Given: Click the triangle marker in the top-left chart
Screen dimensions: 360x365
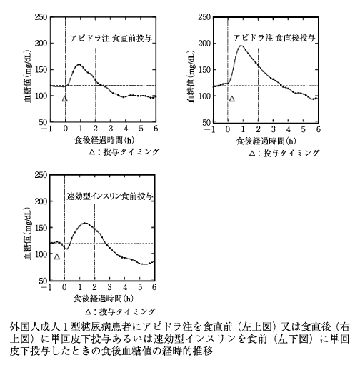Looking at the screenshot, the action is coord(65,99).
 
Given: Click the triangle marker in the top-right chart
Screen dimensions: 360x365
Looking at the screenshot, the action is coord(231,99).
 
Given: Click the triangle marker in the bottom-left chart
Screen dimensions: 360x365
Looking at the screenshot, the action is coord(56,256).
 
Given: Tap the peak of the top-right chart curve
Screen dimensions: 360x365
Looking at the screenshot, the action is coord(241,46).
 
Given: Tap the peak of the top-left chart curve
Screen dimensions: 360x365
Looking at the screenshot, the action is coord(79,64).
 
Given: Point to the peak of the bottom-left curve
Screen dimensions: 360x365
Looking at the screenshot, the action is coord(85,223).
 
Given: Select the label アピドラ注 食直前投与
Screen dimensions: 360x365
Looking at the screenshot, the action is coord(111,39).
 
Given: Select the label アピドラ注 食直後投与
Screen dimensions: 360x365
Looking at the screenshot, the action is coord(274,38).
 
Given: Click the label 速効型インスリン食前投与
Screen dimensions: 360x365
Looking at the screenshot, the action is coord(109,196).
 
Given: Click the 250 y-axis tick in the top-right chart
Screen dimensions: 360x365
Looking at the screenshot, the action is coord(204,17).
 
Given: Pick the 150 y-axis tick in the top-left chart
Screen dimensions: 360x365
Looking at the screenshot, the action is coord(41,70).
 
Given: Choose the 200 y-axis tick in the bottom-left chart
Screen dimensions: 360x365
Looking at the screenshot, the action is coord(41,201).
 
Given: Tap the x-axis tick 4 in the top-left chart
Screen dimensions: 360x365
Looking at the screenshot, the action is coord(126,129).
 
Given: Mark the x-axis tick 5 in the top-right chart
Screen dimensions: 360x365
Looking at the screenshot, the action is coord(303,129).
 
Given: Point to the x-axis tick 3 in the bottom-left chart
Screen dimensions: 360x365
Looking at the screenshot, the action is coord(109,287).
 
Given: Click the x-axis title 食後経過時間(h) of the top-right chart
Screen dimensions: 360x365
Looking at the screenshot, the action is coord(266,141).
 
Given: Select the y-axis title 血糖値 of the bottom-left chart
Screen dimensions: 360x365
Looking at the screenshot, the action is coord(28,250).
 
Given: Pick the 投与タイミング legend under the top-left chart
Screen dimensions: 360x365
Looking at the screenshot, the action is coord(131,152).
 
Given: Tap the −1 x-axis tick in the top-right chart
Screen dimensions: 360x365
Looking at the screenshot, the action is coord(209,129).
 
